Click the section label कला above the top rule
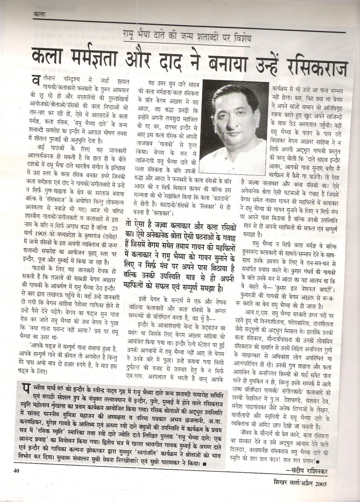click(x=39, y=15)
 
